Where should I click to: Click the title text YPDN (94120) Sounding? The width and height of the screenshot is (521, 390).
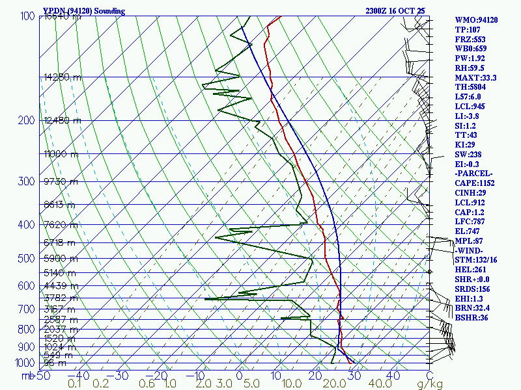pos(84,11)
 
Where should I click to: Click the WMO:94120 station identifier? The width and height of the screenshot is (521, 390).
pos(476,20)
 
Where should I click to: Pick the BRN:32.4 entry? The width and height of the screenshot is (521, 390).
pos(473,307)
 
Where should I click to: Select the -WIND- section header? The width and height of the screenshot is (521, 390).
pos(470,250)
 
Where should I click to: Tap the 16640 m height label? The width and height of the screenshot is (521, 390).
pos(63,17)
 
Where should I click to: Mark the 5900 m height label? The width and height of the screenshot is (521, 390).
pos(60,258)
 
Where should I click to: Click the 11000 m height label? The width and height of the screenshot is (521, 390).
pos(61,154)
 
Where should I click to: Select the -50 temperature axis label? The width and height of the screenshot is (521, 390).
pos(41,376)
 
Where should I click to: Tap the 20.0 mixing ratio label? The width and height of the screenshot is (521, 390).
pos(334,384)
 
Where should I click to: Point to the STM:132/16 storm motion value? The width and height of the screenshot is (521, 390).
pos(477,260)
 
